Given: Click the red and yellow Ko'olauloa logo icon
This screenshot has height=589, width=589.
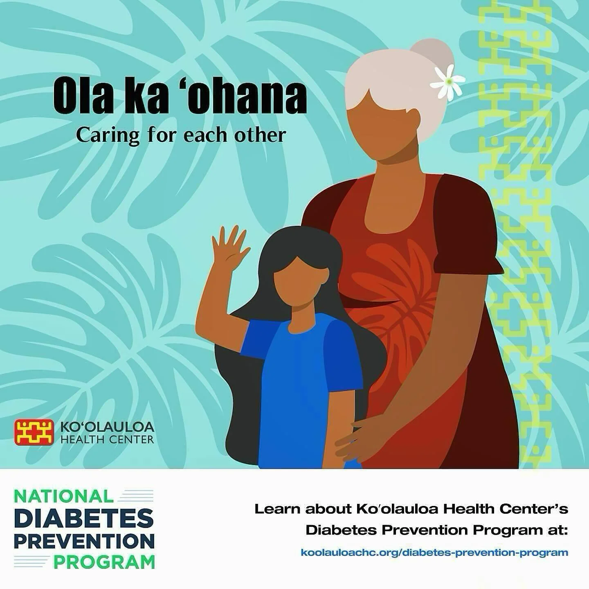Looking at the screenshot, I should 34,432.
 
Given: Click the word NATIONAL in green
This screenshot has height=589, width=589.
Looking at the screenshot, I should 63,496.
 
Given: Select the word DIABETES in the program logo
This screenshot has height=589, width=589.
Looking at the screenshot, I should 84,518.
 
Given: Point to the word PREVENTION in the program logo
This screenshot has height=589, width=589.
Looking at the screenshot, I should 84,541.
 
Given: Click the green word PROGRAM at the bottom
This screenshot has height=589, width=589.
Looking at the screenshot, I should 104,562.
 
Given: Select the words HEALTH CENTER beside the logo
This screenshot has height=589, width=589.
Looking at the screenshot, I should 107,440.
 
